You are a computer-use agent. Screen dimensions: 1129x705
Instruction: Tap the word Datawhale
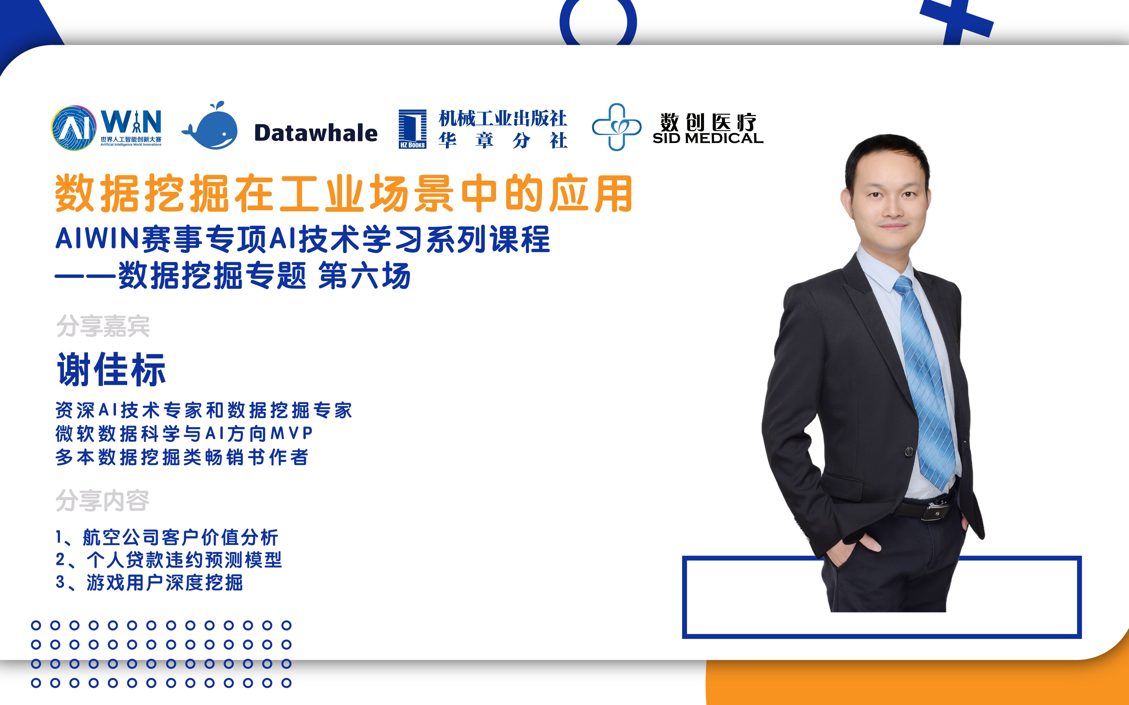point(316,133)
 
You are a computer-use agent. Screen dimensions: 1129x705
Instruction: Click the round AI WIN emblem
point(74,128)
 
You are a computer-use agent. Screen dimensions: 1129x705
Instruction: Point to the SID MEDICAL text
point(708,138)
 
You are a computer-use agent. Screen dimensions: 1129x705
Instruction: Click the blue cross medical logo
point(616,127)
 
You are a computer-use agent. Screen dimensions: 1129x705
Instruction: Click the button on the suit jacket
point(909,451)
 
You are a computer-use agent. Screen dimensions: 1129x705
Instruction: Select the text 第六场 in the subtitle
point(364,276)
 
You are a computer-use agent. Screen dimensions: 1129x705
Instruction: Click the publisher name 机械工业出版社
point(503,118)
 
